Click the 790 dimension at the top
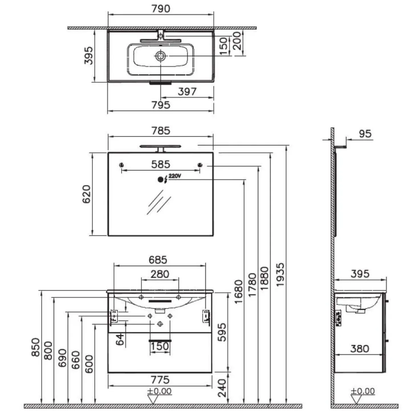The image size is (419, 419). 161,9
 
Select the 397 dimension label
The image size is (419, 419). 187,91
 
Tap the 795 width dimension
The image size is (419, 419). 161,105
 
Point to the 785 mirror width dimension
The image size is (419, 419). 161,131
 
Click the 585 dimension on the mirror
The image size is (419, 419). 161,164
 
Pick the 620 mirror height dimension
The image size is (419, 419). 86,194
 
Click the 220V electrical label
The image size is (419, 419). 174,176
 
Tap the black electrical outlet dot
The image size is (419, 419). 160,180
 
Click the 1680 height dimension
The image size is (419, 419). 239,292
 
